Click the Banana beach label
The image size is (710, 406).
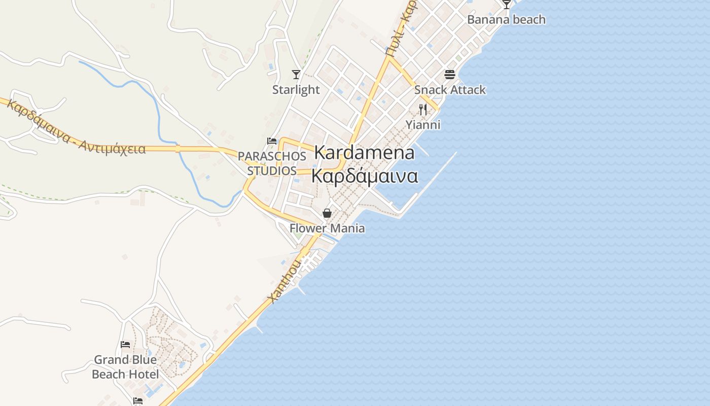tap(506, 20)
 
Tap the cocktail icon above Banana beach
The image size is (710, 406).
tap(506, 5)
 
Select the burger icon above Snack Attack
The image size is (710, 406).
tap(450, 75)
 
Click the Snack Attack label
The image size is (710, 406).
tap(450, 90)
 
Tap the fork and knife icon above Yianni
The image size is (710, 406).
tap(422, 109)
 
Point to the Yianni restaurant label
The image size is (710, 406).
tap(422, 125)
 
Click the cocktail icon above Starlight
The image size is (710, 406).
tap(296, 75)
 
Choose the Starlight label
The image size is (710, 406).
tap(296, 90)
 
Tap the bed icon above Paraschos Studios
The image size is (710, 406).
tap(272, 141)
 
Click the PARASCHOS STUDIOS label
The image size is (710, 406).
tap(272, 163)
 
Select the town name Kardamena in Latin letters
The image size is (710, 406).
tap(364, 152)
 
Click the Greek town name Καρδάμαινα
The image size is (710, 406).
tap(364, 176)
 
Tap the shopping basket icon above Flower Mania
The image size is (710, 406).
tap(327, 213)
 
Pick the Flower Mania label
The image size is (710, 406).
tap(327, 228)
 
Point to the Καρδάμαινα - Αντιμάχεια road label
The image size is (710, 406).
tap(76, 128)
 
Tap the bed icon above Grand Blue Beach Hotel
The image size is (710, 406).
tap(125, 345)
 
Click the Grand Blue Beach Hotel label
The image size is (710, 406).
tap(125, 367)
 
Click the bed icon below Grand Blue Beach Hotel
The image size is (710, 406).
tap(137, 401)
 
